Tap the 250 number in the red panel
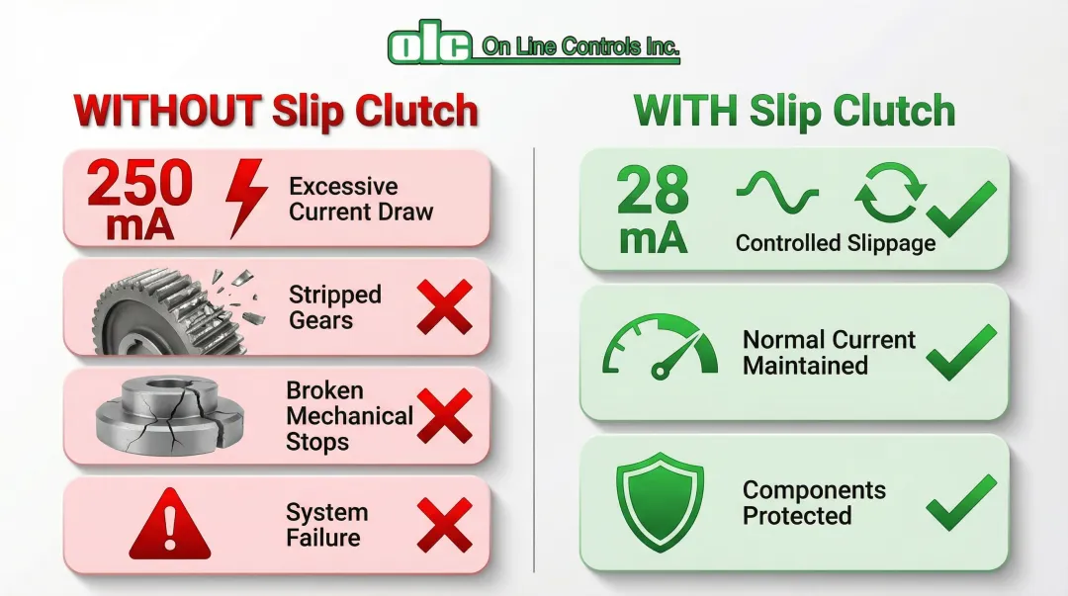point(139,183)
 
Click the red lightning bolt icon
point(245,199)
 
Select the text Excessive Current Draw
point(361,199)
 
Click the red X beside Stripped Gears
point(445,306)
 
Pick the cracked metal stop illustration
point(170,415)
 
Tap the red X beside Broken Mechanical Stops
point(445,416)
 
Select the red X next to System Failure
point(445,525)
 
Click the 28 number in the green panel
point(653,190)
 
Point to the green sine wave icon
point(777,192)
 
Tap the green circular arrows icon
point(890,192)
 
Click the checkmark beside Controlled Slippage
point(961,210)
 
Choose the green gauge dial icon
point(660,347)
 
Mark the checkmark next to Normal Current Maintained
point(961,352)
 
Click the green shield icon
point(660,501)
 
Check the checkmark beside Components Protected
point(961,503)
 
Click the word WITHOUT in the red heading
point(167,111)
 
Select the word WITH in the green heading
point(685,111)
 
